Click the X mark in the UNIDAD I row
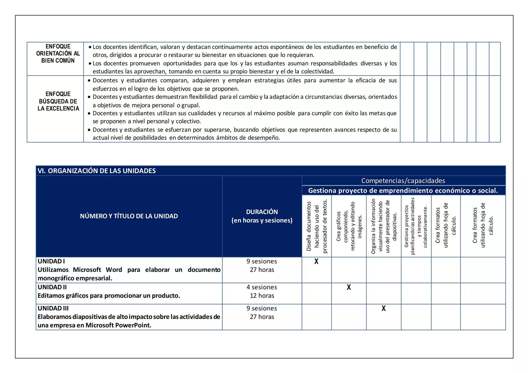click(x=316, y=261)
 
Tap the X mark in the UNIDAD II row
click(x=349, y=287)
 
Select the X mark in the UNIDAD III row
click(x=383, y=308)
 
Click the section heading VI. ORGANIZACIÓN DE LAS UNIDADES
click(x=97, y=171)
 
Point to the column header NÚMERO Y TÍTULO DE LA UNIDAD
click(x=129, y=216)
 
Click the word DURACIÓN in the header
click(x=262, y=212)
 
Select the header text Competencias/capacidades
click(x=403, y=181)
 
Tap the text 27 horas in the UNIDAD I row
click(x=262, y=270)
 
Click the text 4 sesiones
click(x=262, y=287)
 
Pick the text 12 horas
click(x=262, y=295)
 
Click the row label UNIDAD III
click(x=53, y=308)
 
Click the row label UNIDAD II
click(x=52, y=287)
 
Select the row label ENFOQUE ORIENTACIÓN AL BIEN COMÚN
click(x=58, y=53)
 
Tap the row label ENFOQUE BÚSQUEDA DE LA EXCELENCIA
click(x=58, y=101)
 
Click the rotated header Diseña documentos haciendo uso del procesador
click(x=317, y=226)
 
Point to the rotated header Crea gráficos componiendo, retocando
click(x=349, y=226)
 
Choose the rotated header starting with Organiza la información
click(x=384, y=226)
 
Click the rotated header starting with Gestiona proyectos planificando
click(x=416, y=226)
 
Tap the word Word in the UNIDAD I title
click(x=114, y=270)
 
